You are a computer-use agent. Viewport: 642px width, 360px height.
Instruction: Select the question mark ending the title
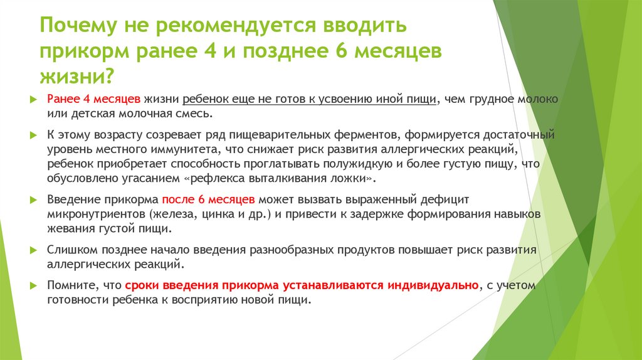pyautogui.click(x=110, y=75)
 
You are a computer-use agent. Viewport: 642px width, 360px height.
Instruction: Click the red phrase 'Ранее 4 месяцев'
pyautogui.click(x=94, y=100)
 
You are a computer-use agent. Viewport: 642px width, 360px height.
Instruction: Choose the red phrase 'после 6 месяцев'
pyautogui.click(x=208, y=200)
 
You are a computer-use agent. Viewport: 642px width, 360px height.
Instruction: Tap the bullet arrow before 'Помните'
pyautogui.click(x=33, y=285)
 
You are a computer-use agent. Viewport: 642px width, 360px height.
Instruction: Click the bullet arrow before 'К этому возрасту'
pyautogui.click(x=33, y=135)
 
